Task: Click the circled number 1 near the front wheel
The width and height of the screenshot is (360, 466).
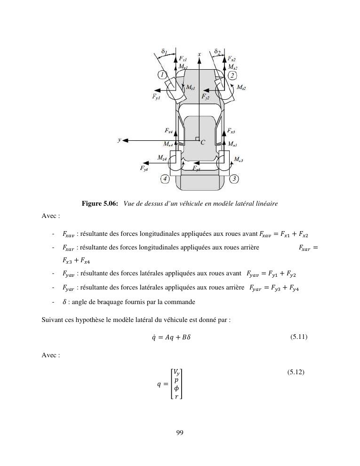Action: tap(162, 74)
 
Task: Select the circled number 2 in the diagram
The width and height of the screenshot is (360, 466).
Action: tap(232, 75)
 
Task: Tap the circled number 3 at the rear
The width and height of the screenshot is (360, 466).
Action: tap(234, 178)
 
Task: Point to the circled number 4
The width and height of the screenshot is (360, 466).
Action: tap(165, 179)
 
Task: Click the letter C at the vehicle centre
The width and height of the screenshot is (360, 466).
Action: tap(203, 142)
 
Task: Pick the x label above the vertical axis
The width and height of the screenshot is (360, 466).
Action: tap(200, 54)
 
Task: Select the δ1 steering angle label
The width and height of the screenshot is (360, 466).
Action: tap(164, 51)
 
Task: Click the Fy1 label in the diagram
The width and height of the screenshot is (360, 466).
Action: tap(156, 96)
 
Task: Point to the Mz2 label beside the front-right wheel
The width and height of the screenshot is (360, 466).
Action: tap(241, 88)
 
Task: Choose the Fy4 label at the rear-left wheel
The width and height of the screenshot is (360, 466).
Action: tap(144, 168)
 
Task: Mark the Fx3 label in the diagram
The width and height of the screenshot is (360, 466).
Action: tap(231, 130)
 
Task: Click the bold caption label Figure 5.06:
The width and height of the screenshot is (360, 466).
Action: tap(100, 203)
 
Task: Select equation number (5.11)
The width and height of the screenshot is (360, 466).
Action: tap(299, 337)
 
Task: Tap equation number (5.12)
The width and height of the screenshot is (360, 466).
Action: tap(296, 372)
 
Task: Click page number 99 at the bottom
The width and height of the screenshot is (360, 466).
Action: tap(180, 433)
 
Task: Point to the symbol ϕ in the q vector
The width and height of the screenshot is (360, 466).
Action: tap(176, 388)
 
